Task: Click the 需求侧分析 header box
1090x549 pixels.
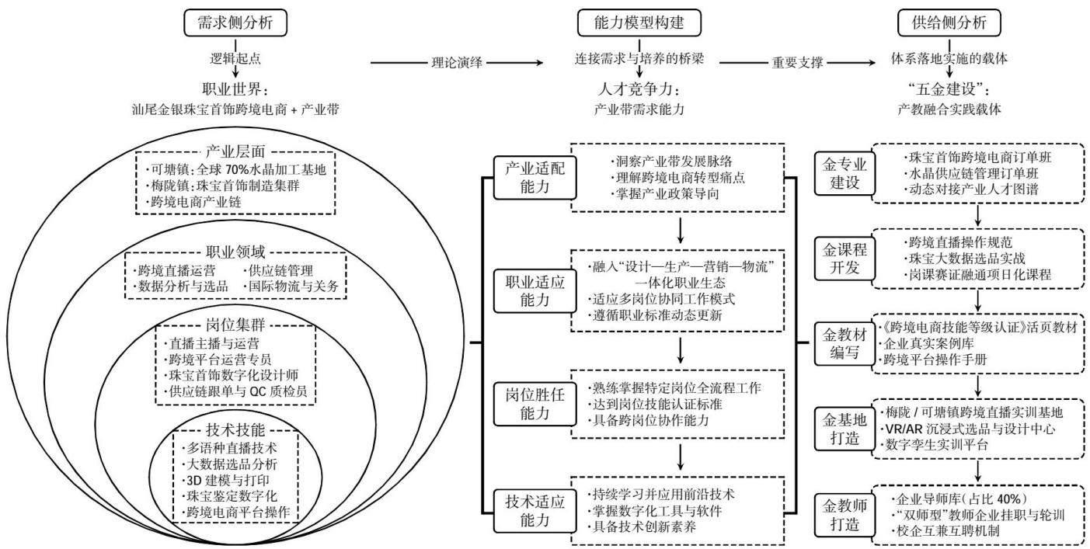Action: tap(235, 23)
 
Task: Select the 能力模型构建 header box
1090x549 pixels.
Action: tap(639, 23)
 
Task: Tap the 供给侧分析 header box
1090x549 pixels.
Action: tap(949, 23)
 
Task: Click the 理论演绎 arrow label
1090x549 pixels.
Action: tap(457, 63)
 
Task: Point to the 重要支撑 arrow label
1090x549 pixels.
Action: tap(797, 63)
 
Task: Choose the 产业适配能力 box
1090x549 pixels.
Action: tap(535, 178)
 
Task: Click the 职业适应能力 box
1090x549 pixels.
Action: tap(535, 291)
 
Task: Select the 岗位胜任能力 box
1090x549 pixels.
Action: tap(535, 404)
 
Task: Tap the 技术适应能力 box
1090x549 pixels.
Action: tap(535, 511)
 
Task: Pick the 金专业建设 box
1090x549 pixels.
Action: tap(844, 174)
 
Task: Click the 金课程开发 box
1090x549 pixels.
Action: tap(844, 259)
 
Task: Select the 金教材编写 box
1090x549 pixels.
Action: tap(844, 343)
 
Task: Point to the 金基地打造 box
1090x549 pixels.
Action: tap(844, 429)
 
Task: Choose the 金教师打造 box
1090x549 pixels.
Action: tap(844, 515)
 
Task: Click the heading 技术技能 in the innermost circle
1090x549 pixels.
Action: tap(235, 430)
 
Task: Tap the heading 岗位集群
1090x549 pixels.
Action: tap(235, 325)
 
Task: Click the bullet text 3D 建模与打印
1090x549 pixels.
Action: tap(228, 481)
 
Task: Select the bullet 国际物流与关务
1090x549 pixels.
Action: tap(294, 286)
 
